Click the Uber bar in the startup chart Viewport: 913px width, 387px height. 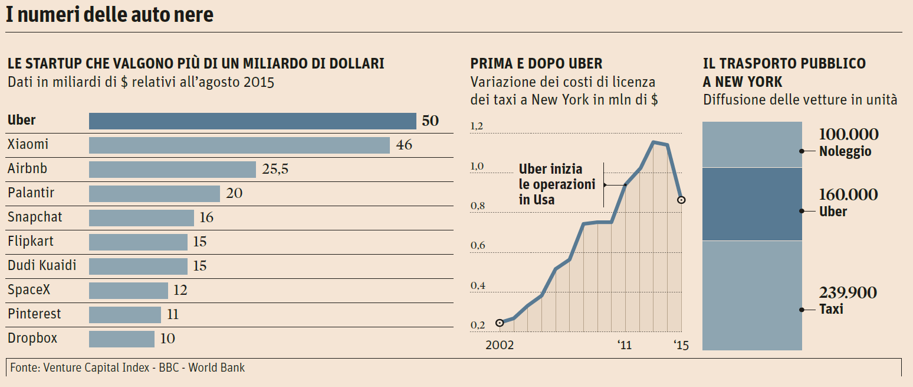(252, 121)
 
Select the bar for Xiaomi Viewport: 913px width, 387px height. (239, 145)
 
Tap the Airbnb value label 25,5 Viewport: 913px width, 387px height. (275, 170)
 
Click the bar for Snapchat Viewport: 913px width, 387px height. (142, 217)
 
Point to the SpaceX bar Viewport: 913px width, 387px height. (129, 290)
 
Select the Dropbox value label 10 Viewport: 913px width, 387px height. (168, 339)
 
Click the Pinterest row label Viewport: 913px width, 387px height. (34, 314)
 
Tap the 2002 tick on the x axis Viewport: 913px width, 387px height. (499, 345)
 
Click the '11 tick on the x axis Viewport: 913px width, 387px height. (625, 345)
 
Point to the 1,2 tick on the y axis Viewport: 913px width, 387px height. (477, 126)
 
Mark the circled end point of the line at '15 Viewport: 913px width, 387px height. (681, 200)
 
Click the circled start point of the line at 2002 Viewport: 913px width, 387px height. (500, 323)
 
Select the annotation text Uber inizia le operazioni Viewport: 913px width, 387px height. (557, 184)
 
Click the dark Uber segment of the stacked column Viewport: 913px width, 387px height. (752, 204)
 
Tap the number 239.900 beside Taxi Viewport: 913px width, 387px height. (848, 293)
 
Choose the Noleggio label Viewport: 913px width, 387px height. (845, 152)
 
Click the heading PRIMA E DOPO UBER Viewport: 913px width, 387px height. (536, 64)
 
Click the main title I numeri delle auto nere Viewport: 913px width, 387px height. (110, 15)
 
